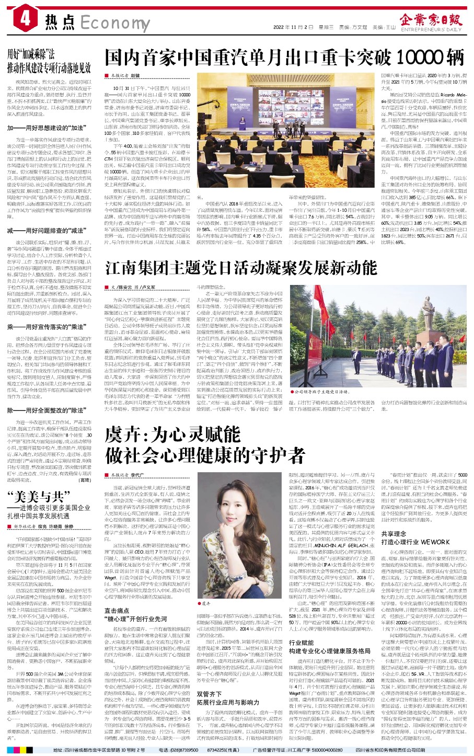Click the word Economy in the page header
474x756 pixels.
108,23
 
